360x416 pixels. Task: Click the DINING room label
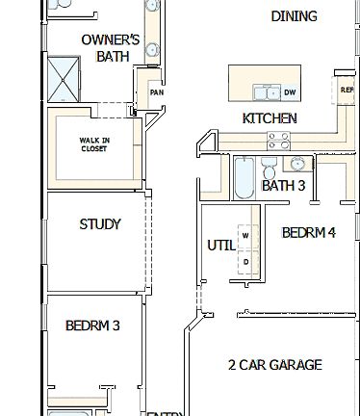294,16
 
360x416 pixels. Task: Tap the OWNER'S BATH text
110,48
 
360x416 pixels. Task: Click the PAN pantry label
155,92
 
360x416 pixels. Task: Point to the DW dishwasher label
290,92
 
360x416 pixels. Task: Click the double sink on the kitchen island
264,92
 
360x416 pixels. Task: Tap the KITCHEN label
270,118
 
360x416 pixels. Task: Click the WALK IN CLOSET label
93,144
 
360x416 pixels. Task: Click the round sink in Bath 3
296,163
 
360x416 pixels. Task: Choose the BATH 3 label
283,185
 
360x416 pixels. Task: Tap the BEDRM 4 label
308,232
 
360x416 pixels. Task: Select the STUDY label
100,224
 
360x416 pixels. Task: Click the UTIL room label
220,245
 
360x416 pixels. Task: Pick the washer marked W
245,235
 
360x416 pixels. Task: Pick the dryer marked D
245,261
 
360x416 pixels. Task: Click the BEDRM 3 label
92,325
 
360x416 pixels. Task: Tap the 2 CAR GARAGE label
274,365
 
